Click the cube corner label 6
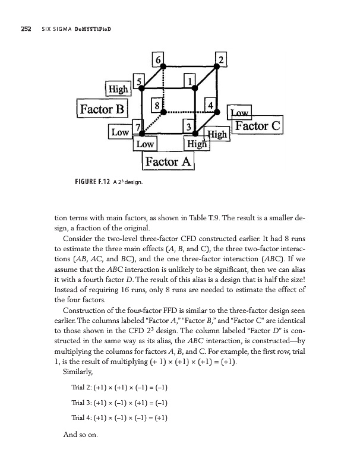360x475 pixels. [158, 60]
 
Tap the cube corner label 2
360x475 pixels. [221, 59]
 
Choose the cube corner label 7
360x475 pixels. [138, 126]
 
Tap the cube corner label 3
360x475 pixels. [188, 126]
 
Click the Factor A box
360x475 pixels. [168, 161]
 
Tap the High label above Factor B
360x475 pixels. [118, 89]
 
